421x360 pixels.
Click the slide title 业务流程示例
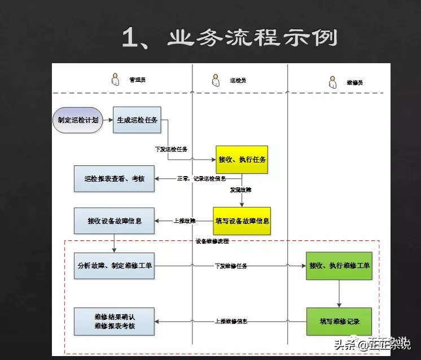coord(230,38)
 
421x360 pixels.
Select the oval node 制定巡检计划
coord(78,120)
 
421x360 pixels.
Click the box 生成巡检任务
coord(137,120)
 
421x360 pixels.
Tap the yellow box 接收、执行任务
coord(243,160)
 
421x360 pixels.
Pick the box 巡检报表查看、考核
coord(115,179)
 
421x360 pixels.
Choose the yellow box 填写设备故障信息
coord(242,221)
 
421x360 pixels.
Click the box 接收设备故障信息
coord(115,221)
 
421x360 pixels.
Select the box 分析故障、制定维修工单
coord(115,265)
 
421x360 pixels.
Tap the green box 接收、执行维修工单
coord(339,265)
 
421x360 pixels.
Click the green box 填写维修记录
coord(339,321)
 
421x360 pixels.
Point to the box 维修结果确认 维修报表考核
coord(115,321)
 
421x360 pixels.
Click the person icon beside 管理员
coord(115,80)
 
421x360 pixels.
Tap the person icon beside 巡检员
coord(215,80)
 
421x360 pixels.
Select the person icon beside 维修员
coord(333,82)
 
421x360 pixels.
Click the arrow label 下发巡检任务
coord(171,149)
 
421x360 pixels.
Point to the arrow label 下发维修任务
coord(230,265)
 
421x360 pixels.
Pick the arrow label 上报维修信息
coord(230,321)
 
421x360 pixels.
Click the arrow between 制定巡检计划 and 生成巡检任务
coord(107,120)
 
